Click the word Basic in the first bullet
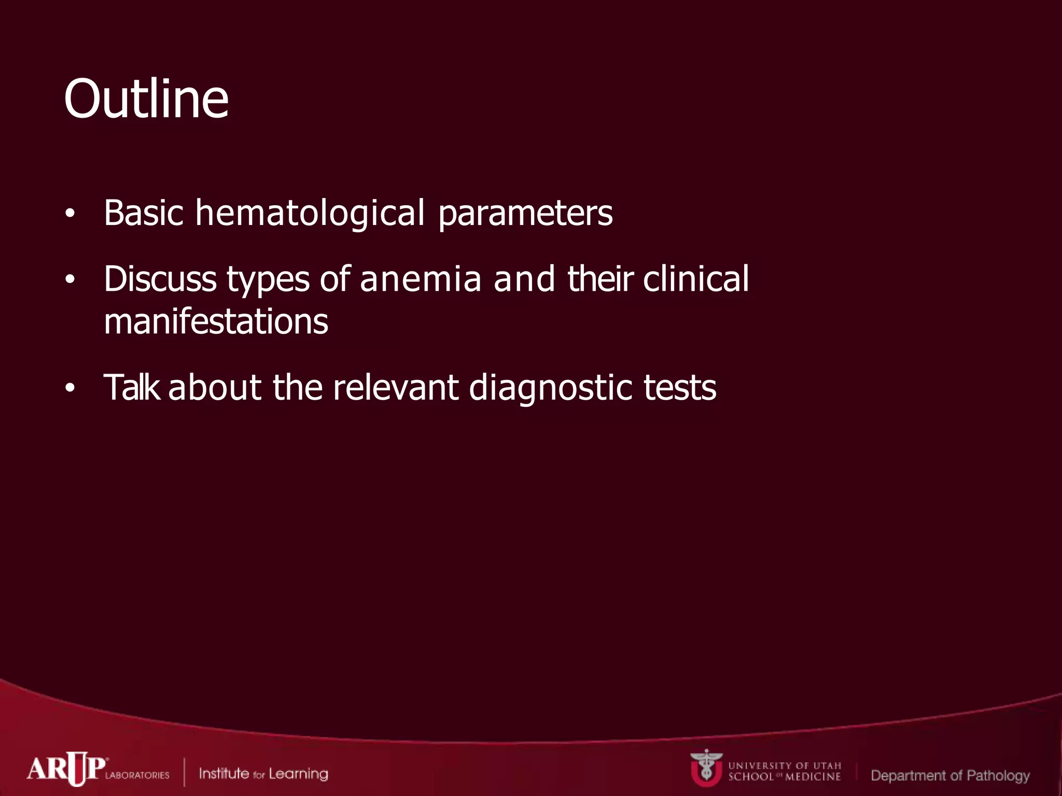click(x=144, y=212)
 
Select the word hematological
click(x=310, y=214)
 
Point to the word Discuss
click(x=160, y=279)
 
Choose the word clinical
click(x=695, y=279)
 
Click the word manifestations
click(x=216, y=321)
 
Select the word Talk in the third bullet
click(x=132, y=387)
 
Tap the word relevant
click(x=396, y=387)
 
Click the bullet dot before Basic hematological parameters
click(x=70, y=214)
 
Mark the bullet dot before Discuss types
click(x=70, y=280)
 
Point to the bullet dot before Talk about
click(x=70, y=388)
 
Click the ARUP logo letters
click(x=66, y=769)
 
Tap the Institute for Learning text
click(x=263, y=774)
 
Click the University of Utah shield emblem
click(x=706, y=768)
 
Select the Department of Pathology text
click(x=950, y=775)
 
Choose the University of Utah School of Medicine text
click(x=785, y=771)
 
